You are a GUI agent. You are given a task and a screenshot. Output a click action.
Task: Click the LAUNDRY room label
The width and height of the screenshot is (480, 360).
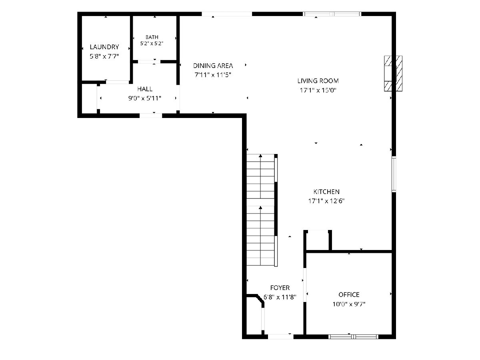[x=104, y=47]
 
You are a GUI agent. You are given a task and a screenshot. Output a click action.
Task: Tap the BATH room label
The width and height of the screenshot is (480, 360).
[x=152, y=37]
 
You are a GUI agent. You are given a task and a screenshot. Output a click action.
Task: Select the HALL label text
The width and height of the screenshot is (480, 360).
[x=145, y=89]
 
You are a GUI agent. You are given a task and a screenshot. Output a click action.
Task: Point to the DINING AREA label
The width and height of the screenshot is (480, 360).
[x=213, y=66]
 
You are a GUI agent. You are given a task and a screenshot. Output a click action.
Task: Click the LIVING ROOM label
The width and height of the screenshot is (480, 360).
[x=318, y=81]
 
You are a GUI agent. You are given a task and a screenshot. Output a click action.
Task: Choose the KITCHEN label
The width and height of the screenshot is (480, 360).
[x=326, y=192]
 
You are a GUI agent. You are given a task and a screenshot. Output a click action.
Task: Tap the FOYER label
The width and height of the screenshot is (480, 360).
[x=280, y=288]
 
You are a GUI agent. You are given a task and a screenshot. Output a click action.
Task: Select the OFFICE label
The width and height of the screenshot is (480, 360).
[x=349, y=295]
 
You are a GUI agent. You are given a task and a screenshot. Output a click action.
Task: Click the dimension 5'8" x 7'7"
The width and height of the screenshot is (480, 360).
[x=104, y=56]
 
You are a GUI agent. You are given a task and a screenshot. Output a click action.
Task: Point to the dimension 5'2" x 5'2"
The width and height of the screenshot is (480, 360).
[x=152, y=44]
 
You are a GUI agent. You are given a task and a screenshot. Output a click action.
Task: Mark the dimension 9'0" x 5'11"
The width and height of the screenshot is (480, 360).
[x=145, y=98]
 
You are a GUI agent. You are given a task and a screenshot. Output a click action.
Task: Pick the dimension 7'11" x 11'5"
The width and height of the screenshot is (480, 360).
[x=213, y=75]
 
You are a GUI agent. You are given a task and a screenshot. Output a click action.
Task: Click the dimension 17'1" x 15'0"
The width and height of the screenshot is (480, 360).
[x=318, y=90]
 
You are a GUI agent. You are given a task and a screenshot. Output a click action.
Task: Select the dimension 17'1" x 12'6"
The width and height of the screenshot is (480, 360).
[x=326, y=201]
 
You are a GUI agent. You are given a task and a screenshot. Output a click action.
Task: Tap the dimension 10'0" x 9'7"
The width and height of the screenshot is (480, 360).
[x=349, y=304]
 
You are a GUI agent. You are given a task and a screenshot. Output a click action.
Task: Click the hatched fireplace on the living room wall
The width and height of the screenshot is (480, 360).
[x=393, y=74]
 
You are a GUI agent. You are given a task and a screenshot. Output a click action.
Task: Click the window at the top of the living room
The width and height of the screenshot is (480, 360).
[x=332, y=14]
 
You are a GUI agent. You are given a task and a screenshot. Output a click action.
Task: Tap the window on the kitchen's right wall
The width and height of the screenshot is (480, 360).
[x=394, y=174]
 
